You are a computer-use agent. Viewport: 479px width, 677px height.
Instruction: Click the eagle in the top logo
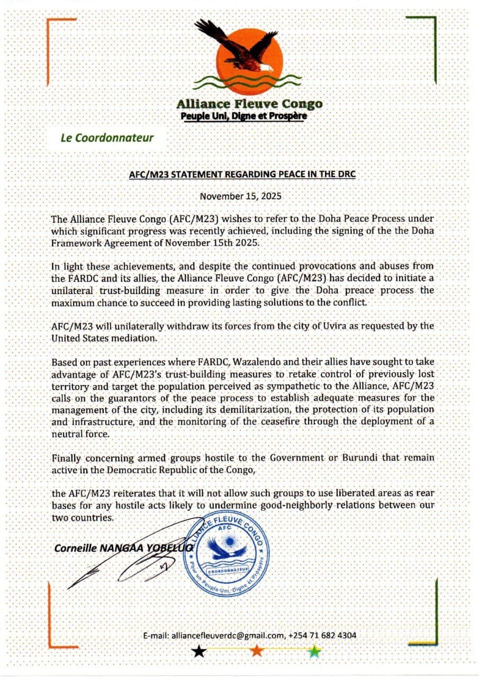tap(238, 48)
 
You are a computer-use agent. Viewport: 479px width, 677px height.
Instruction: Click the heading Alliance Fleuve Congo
tap(249, 104)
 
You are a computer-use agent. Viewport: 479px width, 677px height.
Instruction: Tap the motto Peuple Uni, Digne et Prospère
tap(241, 116)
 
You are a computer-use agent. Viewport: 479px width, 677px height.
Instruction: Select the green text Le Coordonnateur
tap(107, 138)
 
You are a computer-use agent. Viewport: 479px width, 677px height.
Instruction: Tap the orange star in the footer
tap(257, 651)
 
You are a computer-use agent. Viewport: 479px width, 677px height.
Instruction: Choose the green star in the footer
tap(314, 651)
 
